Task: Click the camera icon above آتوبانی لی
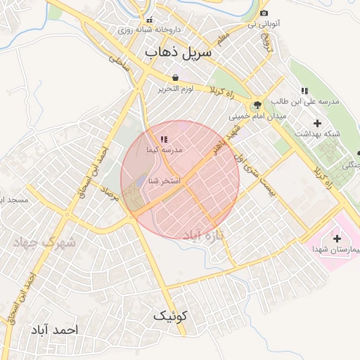click(264, 13)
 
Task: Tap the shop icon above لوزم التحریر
click(174, 78)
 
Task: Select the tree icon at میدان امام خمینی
click(258, 104)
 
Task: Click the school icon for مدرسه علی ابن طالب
click(304, 91)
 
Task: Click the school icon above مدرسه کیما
click(164, 140)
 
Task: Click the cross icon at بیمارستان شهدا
click(337, 238)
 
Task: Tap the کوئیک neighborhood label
click(172, 316)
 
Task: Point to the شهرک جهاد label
click(42, 242)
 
